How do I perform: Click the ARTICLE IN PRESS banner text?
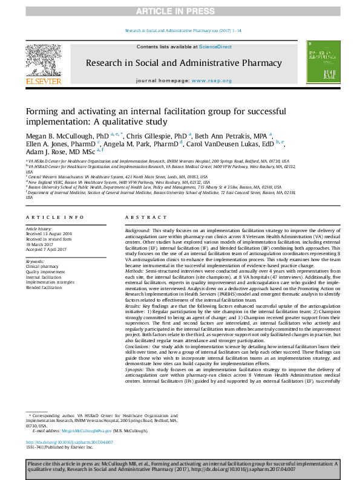[180, 11]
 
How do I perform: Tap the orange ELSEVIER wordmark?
[43, 80]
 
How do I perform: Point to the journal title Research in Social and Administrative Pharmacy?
[183, 63]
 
